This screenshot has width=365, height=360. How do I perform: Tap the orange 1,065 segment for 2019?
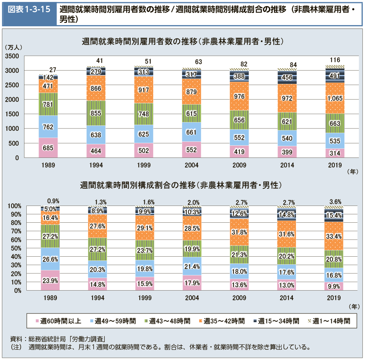tap(335, 98)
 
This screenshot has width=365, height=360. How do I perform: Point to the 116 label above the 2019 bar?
tap(335, 60)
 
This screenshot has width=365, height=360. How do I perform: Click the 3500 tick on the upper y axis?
tap(13, 56)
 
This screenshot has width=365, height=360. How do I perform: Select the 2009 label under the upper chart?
tap(239, 165)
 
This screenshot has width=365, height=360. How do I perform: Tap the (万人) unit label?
tap(14, 47)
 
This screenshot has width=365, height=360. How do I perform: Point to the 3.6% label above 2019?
tap(335, 201)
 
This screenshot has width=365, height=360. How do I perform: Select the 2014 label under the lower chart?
tap(287, 297)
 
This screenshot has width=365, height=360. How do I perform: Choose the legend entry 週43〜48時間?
tap(167, 321)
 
